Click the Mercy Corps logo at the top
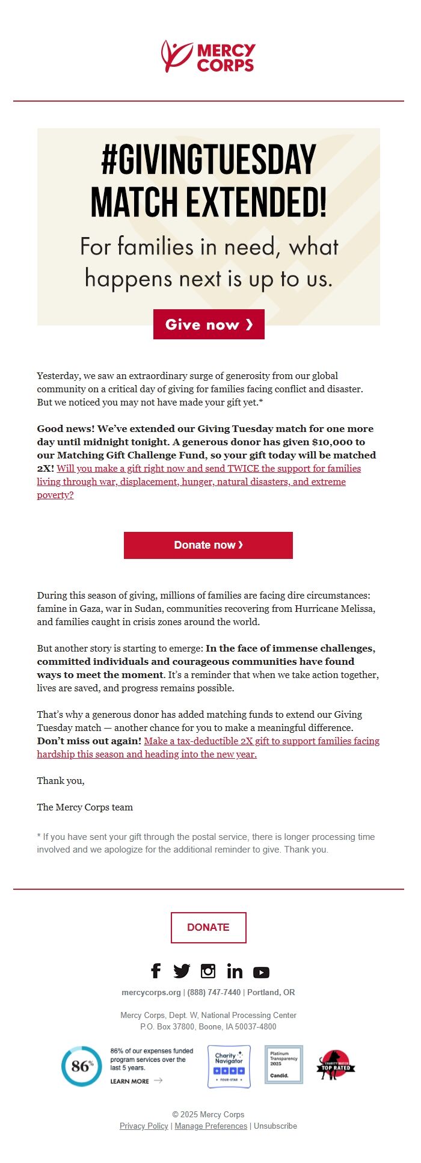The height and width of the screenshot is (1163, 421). [x=208, y=57]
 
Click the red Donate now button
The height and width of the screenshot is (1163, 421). [x=208, y=545]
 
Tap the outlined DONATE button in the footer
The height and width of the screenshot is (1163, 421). [x=208, y=927]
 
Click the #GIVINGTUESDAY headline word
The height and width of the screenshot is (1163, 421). [x=208, y=160]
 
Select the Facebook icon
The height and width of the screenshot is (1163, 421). [x=156, y=970]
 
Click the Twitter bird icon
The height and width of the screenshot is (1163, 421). [x=182, y=970]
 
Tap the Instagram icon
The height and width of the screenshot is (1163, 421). [x=208, y=970]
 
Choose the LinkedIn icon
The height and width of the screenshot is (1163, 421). [x=235, y=971]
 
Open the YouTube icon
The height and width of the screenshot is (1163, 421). [x=261, y=972]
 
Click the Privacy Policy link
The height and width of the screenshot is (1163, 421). [x=144, y=1126]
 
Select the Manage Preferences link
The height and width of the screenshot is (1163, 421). [x=210, y=1126]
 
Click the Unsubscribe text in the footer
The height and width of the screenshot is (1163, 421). [x=275, y=1126]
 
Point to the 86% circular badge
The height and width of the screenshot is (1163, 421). [x=81, y=1066]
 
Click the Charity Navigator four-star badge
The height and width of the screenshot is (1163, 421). [x=229, y=1066]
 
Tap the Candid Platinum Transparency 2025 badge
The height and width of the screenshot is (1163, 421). [x=283, y=1064]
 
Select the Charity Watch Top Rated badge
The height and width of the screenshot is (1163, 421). [x=336, y=1066]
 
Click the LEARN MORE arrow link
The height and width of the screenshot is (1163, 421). [x=136, y=1081]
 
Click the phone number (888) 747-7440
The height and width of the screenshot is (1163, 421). [x=214, y=992]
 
